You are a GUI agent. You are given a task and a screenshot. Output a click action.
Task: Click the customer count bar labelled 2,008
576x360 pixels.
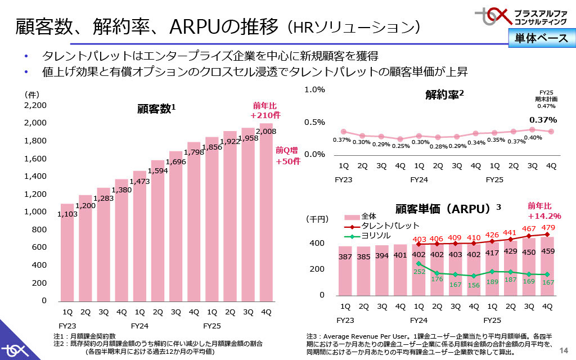click(x=266, y=214)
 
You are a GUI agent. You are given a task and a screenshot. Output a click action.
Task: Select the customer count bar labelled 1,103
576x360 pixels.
click(x=67, y=253)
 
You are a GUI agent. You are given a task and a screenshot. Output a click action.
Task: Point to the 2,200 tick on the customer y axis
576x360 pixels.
click(x=35, y=105)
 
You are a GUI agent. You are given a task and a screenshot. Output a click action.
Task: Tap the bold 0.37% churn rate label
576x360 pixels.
click(x=543, y=120)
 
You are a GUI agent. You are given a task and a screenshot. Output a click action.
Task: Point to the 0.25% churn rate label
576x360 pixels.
click(x=400, y=146)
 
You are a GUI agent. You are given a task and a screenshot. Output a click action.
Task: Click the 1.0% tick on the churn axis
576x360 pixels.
click(x=314, y=89)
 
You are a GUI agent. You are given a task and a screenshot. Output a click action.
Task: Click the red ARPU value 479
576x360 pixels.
click(x=549, y=227)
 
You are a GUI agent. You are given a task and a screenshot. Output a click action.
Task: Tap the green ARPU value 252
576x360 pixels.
click(x=419, y=271)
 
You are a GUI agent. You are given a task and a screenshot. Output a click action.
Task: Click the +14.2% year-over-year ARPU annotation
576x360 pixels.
click(x=544, y=215)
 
